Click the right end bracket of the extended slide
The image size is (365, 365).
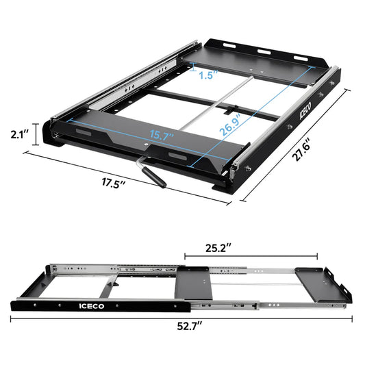[342, 286]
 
